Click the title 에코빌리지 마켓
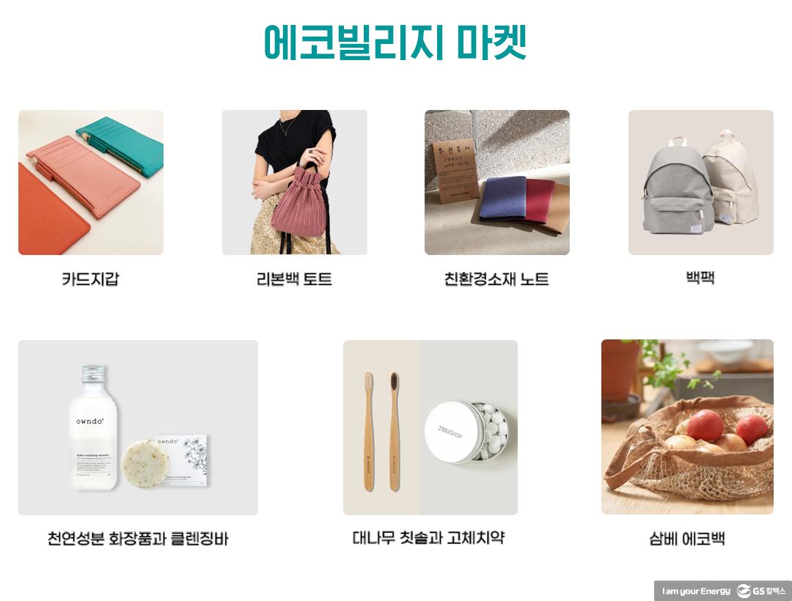point(395,43)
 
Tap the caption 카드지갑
point(90,279)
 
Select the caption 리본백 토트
point(294,279)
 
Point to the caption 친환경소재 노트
point(496,279)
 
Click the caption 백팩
point(700,278)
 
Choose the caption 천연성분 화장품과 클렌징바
point(138,539)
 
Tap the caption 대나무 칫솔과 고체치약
point(429,538)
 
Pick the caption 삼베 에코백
point(687,539)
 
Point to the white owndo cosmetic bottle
point(93,440)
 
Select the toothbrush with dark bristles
point(395,432)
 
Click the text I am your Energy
point(696,591)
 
